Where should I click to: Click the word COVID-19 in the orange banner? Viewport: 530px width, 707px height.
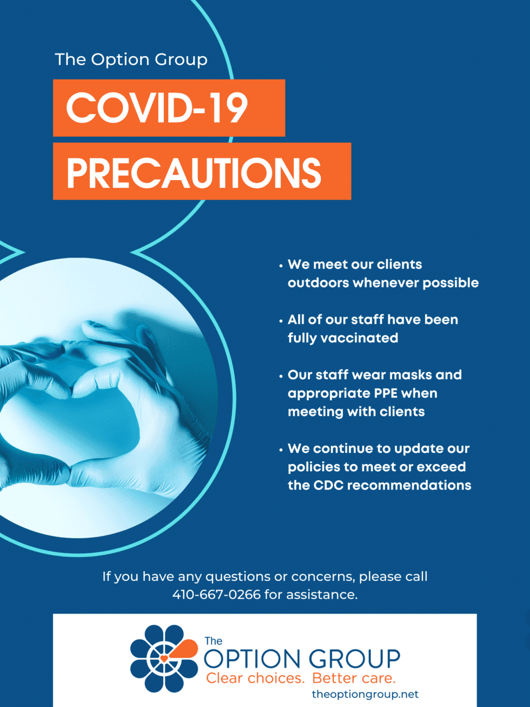(157, 108)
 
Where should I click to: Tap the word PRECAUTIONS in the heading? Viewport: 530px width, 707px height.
(194, 173)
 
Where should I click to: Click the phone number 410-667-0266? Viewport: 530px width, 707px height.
(216, 594)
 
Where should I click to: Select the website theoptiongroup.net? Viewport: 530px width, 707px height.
(365, 694)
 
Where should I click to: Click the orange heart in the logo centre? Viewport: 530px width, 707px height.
(164, 658)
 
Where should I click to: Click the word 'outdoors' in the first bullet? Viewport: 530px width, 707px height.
(318, 283)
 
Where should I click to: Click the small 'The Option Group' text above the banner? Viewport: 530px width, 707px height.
(131, 60)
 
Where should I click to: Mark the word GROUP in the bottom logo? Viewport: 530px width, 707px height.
(354, 659)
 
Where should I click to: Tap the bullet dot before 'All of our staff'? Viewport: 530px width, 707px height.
(281, 321)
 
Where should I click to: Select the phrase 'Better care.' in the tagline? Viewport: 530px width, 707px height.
(354, 678)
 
